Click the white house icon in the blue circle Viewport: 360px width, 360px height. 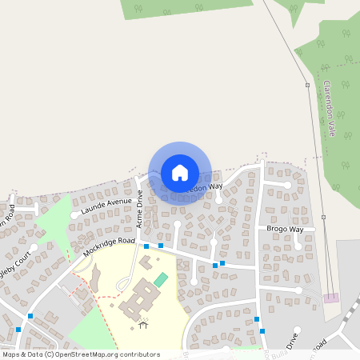tap(180, 172)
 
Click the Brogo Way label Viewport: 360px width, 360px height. tap(285, 230)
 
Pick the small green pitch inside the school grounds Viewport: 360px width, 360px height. tap(162, 279)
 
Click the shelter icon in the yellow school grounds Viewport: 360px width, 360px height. tap(143, 324)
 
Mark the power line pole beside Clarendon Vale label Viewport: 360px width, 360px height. tap(306, 85)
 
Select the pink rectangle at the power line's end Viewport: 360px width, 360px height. tap(330, 298)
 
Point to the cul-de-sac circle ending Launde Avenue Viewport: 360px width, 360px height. tap(74, 215)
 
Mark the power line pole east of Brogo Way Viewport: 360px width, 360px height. tap(323, 217)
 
